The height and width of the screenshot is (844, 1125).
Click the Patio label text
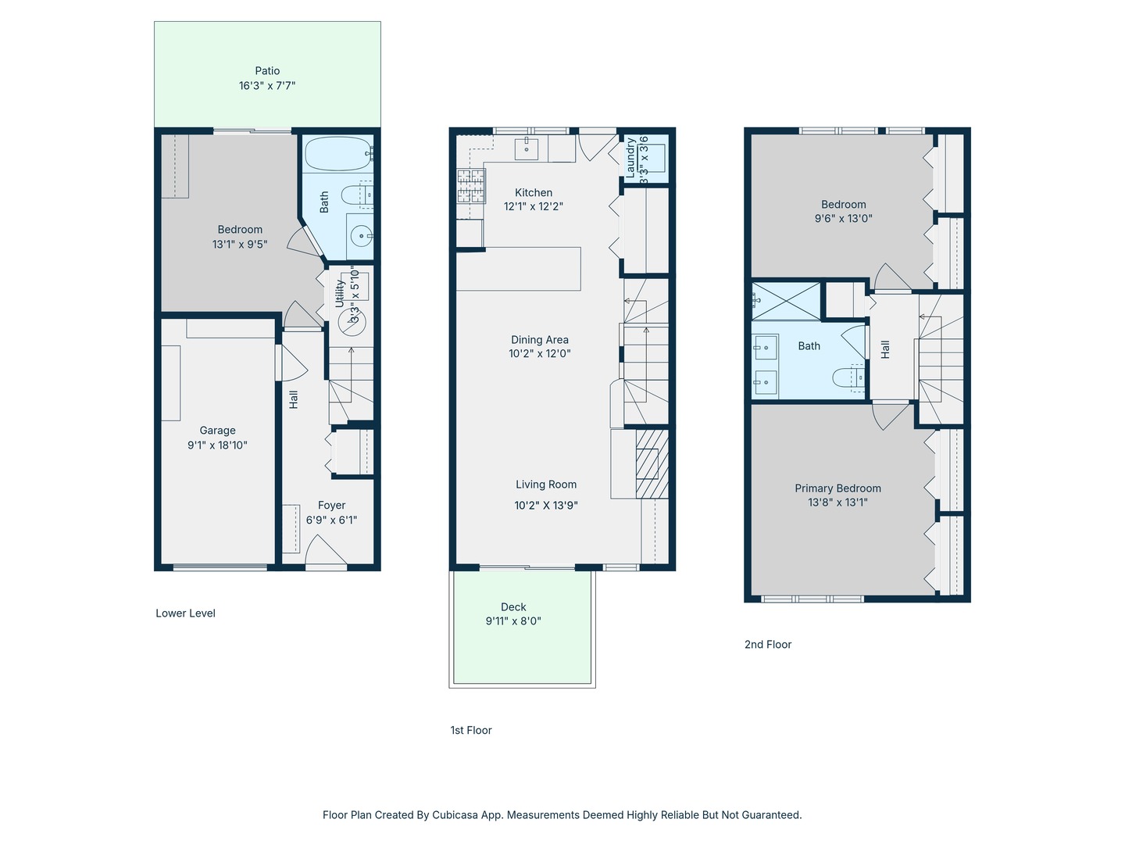(x=267, y=70)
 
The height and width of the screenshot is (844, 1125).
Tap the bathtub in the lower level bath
(x=338, y=154)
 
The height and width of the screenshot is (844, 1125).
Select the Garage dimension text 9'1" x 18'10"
(x=217, y=445)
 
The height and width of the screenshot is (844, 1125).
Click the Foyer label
(x=331, y=506)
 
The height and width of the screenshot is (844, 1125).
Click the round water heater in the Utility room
(x=352, y=323)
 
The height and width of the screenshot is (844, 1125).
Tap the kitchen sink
(x=527, y=148)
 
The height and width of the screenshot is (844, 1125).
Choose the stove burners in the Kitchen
(x=471, y=185)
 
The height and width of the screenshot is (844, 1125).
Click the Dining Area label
(x=540, y=339)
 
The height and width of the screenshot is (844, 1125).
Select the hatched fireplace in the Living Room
(x=652, y=463)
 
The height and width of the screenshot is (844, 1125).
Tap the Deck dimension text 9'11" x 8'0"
(x=513, y=621)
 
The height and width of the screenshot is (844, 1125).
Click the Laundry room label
(x=630, y=157)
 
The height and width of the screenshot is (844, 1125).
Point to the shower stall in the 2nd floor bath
(x=786, y=302)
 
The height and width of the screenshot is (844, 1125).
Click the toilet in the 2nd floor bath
(x=848, y=378)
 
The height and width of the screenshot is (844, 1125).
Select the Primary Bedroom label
(x=837, y=488)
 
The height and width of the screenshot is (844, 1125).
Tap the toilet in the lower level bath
(x=357, y=195)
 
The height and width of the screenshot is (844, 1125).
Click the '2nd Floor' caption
(x=768, y=644)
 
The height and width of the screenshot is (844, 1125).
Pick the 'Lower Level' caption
(x=185, y=613)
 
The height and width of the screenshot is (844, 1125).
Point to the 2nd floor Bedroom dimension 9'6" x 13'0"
(x=843, y=218)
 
